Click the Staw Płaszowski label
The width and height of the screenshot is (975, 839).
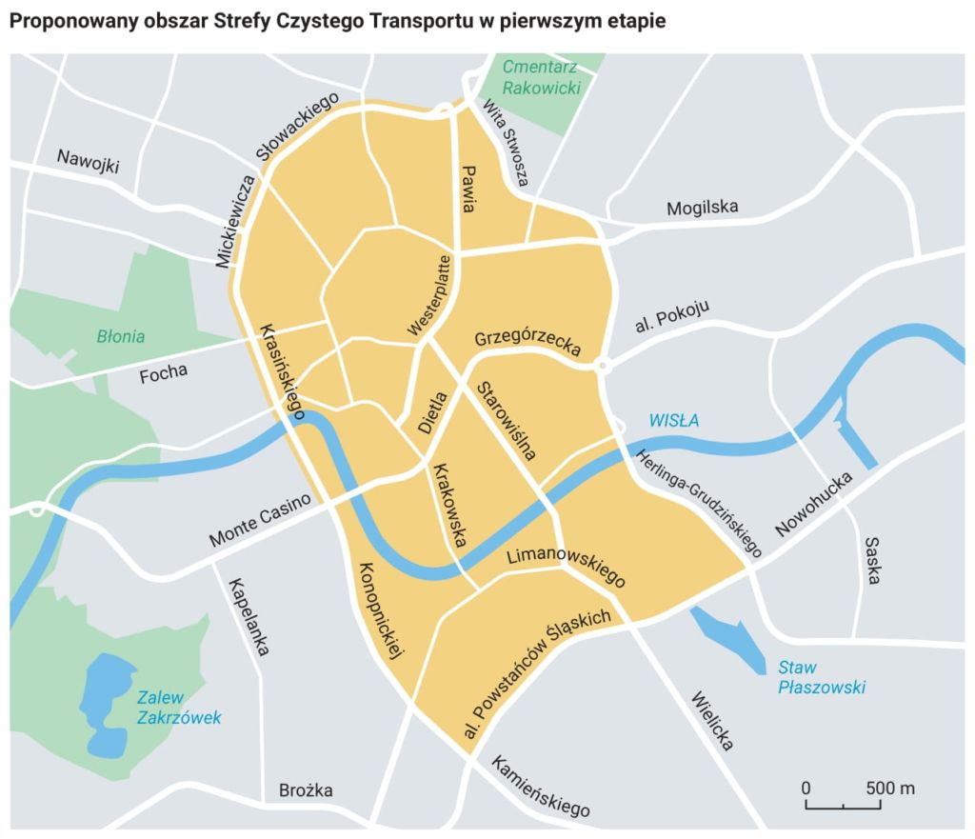[820, 677]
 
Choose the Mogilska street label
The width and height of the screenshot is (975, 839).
[702, 208]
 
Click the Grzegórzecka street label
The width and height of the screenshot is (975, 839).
[527, 341]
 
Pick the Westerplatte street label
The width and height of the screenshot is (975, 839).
[429, 295]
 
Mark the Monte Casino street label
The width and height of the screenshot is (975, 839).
[260, 522]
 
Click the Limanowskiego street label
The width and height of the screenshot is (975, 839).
[566, 567]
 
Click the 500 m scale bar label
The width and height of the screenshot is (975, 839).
[889, 789]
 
